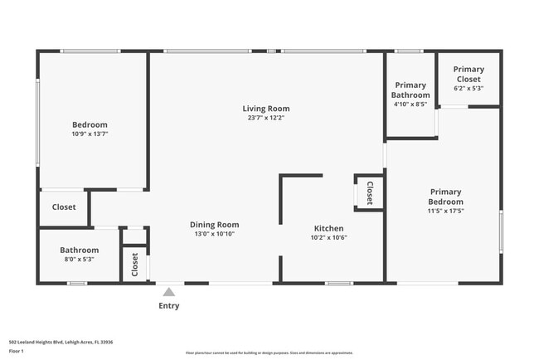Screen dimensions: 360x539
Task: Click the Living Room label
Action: [x=266, y=109]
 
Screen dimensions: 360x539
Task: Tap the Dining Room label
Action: [x=215, y=225]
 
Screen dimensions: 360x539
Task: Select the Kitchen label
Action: [x=328, y=228]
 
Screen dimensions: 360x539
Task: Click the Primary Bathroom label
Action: [x=410, y=90]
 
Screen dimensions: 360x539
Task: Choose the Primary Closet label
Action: [x=468, y=74]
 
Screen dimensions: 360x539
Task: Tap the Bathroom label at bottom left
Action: [x=80, y=251]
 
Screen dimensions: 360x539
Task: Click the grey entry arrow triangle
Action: [x=168, y=292]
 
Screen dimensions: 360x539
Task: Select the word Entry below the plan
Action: [x=168, y=306]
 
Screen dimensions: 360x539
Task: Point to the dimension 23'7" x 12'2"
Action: [x=266, y=119]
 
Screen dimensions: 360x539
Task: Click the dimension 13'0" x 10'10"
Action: [x=215, y=235]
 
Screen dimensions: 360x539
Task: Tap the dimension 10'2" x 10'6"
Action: [x=328, y=238]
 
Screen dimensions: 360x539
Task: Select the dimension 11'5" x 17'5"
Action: [x=445, y=211]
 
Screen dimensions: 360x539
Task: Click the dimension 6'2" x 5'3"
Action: [x=468, y=88]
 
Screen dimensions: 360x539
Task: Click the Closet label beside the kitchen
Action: [x=370, y=192]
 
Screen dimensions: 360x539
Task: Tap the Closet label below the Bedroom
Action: [x=64, y=207]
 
